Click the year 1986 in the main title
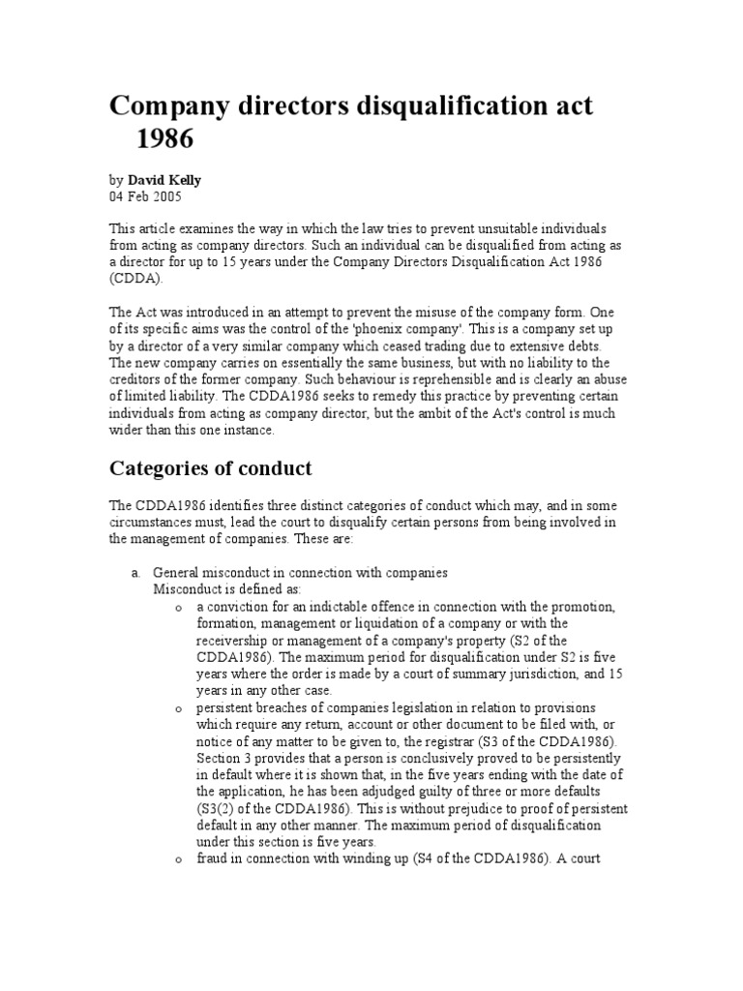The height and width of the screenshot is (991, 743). pyautogui.click(x=165, y=139)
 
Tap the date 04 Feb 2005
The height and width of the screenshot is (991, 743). pyautogui.click(x=144, y=195)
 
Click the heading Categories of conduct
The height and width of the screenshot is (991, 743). pyautogui.click(x=209, y=469)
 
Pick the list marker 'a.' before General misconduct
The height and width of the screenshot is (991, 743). pyautogui.click(x=137, y=573)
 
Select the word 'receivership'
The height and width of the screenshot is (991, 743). pyautogui.click(x=233, y=641)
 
